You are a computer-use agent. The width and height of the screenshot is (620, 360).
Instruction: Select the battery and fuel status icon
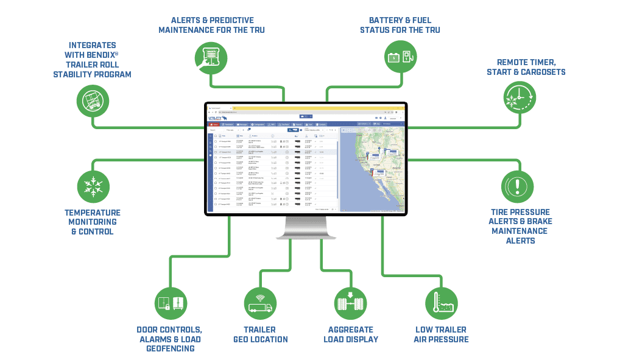(400, 57)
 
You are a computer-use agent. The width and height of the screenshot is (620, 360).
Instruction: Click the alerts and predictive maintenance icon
(211, 57)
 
